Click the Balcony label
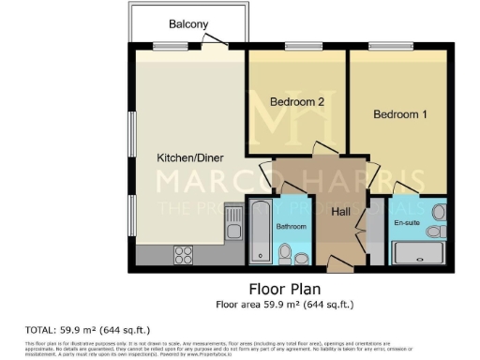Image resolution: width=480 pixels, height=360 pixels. pyautogui.click(x=188, y=24)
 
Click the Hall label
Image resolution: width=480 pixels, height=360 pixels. pyautogui.click(x=340, y=213)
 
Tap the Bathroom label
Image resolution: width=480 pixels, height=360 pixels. pyautogui.click(x=291, y=226)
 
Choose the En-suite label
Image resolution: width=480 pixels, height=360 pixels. pyautogui.click(x=406, y=223)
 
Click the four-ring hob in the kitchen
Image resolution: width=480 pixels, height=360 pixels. pyautogui.click(x=184, y=253)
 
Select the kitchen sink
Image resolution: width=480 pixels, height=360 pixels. pyautogui.click(x=233, y=226)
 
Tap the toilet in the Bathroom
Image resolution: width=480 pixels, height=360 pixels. pyautogui.click(x=286, y=251)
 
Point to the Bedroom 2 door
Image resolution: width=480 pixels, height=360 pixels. pyautogui.click(x=323, y=150)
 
